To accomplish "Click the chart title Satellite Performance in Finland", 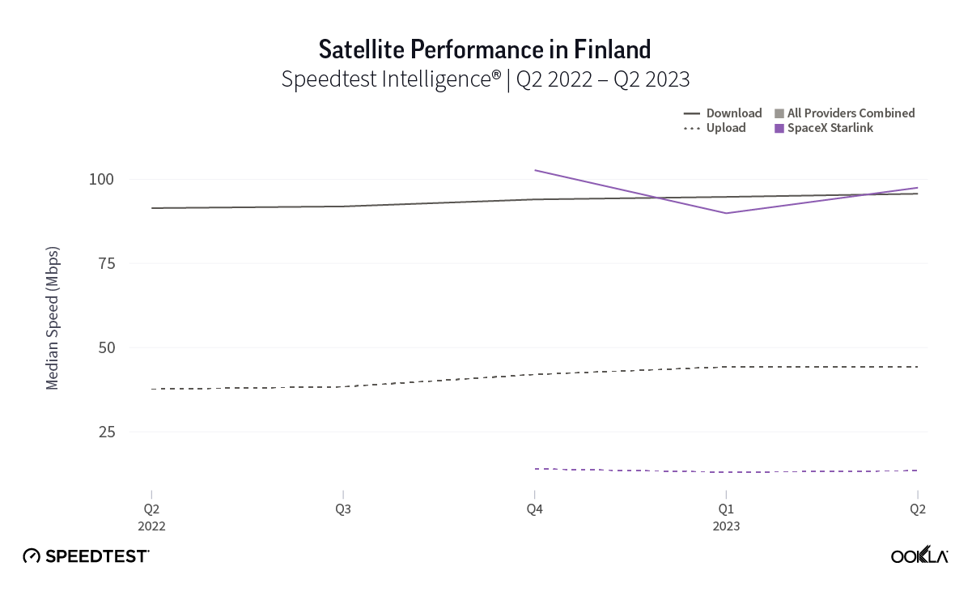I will click(485, 49).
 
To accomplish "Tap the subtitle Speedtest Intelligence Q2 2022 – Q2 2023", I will click(485, 79).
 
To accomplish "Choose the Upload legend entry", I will click(715, 128).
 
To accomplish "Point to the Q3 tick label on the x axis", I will click(343, 509).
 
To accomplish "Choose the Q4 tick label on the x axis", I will click(534, 509).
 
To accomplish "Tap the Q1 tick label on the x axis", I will click(726, 509).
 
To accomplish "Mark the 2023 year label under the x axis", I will click(726, 526).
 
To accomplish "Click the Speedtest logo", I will click(86, 556).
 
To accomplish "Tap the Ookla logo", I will click(919, 556).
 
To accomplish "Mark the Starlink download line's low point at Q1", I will click(726, 213).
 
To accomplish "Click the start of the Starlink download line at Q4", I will click(535, 170).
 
